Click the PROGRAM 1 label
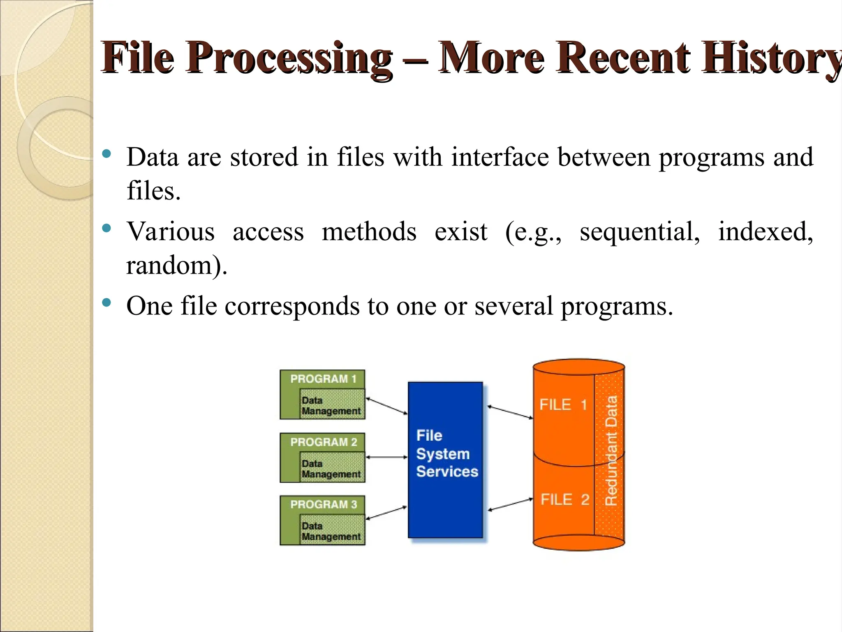coord(323,379)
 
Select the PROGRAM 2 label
coord(323,442)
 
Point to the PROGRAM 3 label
coord(323,504)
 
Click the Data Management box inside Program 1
coord(331,405)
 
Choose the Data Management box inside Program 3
coord(331,531)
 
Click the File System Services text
coord(446,453)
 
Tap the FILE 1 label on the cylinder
coord(563,405)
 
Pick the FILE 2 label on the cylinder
coord(564,500)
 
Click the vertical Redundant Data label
coord(611,451)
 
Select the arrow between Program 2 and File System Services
coord(386,457)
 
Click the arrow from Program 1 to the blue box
coord(386,406)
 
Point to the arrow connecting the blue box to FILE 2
coord(510,505)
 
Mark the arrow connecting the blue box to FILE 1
coord(510,412)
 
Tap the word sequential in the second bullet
coord(639,232)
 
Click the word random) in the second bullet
coord(176,265)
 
